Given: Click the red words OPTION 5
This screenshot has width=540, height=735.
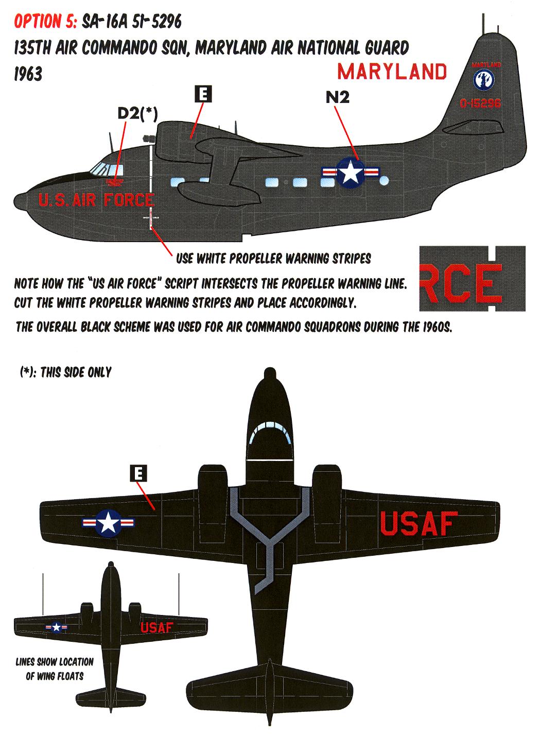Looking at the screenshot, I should (44, 22).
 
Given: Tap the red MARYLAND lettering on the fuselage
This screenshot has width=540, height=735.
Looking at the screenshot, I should (392, 72).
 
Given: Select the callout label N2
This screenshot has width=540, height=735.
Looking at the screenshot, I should (337, 97).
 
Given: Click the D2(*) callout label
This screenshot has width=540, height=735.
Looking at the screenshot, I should (137, 113).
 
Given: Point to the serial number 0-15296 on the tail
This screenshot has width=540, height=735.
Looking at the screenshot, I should (481, 104).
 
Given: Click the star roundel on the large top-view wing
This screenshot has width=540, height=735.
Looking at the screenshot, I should (109, 523).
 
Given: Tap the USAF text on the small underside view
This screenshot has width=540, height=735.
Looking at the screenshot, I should (158, 627).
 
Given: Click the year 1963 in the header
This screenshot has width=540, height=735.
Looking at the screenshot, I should (28, 74).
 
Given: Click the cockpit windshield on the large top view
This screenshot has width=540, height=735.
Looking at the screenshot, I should (270, 432).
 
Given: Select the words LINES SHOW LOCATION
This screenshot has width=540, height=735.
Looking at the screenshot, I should (55, 662).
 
